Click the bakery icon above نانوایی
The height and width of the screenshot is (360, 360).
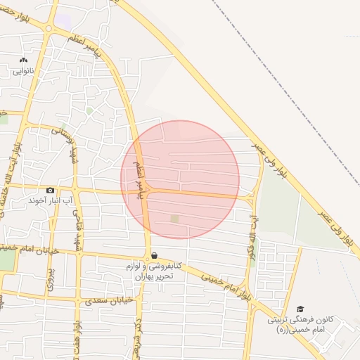pyautogui.click(x=25, y=60)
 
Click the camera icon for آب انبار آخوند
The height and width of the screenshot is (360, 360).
pyautogui.click(x=50, y=190)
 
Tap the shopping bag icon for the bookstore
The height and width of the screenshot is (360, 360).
pyautogui.click(x=153, y=255)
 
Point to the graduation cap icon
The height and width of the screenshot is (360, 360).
pyautogui.click(x=301, y=309)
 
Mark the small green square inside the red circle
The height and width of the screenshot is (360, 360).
pyautogui.click(x=174, y=219)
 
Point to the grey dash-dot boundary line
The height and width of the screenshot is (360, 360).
pyautogui.click(x=281, y=71)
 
